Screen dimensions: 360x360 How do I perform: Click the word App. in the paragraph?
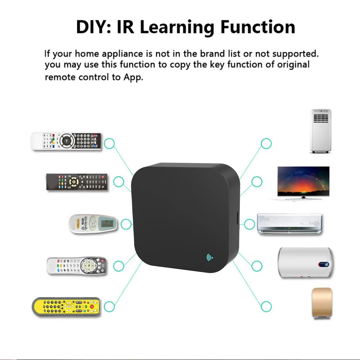coord(133,77)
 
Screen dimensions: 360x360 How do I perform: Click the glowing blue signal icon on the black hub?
coord(209,258)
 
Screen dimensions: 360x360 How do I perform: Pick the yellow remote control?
coord(66,306)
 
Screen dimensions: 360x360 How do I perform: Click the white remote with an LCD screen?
coord(93,224)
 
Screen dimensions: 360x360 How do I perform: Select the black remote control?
coord(77,182)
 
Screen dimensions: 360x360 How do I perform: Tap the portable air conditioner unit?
coord(320,131)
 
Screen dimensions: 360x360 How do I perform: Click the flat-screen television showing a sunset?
coord(303,182)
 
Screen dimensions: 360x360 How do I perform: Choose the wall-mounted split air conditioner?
coord(290,224)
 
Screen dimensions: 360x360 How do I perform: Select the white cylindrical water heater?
coord(305,263)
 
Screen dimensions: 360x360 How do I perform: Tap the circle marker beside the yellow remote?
coord(109,307)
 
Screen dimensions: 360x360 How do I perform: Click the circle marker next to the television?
coord(257,182)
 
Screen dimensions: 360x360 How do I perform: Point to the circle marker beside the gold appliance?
coord(266,307)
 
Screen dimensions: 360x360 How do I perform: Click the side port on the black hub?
coord(238,218)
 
